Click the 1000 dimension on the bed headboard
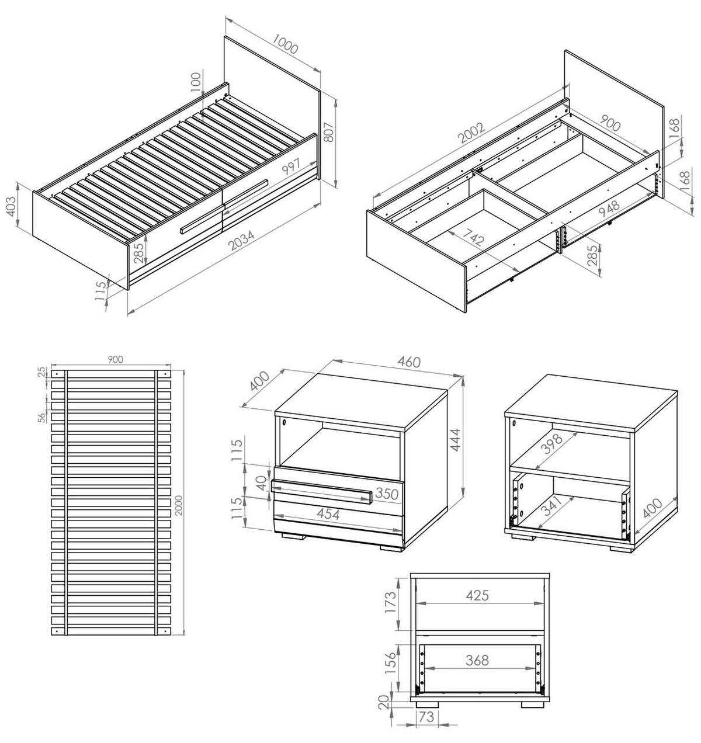pyautogui.click(x=285, y=44)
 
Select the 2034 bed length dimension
pyautogui.click(x=242, y=240)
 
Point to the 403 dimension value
pyautogui.click(x=12, y=207)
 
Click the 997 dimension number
pyautogui.click(x=291, y=166)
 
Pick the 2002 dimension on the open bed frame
pyautogui.click(x=473, y=133)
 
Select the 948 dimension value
pyautogui.click(x=609, y=209)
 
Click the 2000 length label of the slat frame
pyautogui.click(x=179, y=505)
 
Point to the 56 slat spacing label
pyautogui.click(x=43, y=416)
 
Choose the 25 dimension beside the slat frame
pyautogui.click(x=43, y=372)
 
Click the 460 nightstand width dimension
pyautogui.click(x=409, y=362)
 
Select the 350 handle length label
pyautogui.click(x=387, y=494)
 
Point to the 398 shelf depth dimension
pyautogui.click(x=553, y=444)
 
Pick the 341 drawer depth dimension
pyautogui.click(x=552, y=505)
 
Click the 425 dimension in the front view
pyautogui.click(x=478, y=595)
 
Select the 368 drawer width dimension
pyautogui.click(x=477, y=660)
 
